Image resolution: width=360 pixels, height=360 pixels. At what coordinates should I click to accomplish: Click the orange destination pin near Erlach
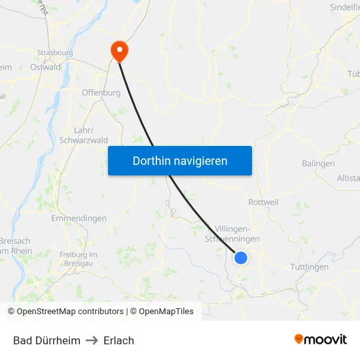click(x=120, y=50)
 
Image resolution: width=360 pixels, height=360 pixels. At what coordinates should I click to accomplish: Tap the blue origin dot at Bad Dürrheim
click(x=241, y=258)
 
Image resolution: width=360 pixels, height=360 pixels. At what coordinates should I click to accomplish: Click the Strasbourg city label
click(x=55, y=52)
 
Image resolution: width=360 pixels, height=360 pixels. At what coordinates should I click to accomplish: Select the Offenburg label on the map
click(x=101, y=93)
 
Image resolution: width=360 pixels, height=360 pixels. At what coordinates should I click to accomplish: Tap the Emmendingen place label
click(x=79, y=218)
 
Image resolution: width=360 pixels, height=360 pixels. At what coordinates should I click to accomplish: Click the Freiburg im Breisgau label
click(x=78, y=258)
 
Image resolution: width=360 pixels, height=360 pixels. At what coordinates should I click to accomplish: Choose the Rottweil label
click(x=263, y=202)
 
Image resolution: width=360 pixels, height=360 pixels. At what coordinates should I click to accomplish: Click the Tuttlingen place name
click(x=309, y=266)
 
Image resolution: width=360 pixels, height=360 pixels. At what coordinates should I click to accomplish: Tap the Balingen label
click(x=318, y=164)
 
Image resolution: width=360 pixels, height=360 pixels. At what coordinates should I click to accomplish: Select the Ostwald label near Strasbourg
click(x=45, y=67)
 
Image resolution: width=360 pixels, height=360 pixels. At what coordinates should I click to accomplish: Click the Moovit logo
click(x=321, y=339)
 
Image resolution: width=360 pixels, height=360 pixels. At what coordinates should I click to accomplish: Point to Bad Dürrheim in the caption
click(x=46, y=340)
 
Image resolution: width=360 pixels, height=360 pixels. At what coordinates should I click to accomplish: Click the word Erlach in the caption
click(x=118, y=340)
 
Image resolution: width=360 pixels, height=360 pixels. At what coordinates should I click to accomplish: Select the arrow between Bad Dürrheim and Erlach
click(x=92, y=340)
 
